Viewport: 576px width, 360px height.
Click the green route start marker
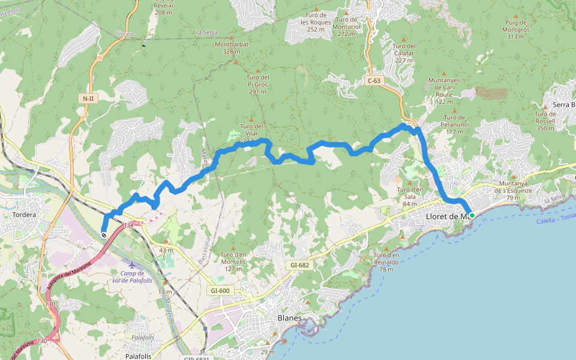pyautogui.click(x=472, y=215)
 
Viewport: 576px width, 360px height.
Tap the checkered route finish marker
pyautogui.click(x=104, y=235)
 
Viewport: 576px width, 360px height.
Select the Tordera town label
pyautogui.click(x=24, y=215)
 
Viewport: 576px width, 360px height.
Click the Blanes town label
pyautogui.click(x=289, y=317)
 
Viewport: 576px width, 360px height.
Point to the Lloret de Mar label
pyautogui.click(x=446, y=217)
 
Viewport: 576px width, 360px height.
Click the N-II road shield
pyautogui.click(x=88, y=98)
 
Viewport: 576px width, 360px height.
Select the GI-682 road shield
pyautogui.click(x=299, y=265)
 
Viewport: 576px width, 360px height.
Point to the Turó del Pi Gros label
pyautogui.click(x=257, y=84)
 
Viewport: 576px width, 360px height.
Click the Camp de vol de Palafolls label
pyautogui.click(x=132, y=277)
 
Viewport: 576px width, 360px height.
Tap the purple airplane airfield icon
pyautogui.click(x=132, y=265)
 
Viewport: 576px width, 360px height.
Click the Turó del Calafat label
pyautogui.click(x=404, y=53)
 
